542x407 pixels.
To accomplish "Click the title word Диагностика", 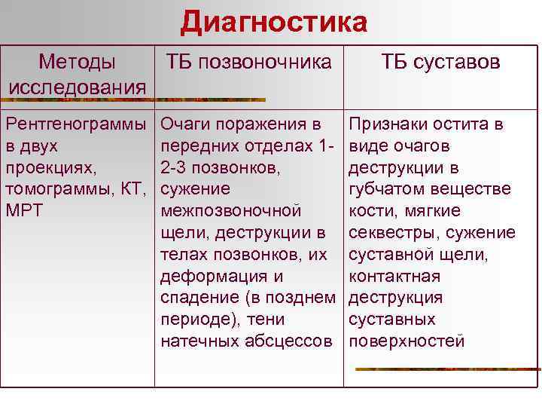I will coord(273,22).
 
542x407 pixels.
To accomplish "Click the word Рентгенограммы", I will coord(76,124).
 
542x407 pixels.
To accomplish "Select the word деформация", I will coord(213,276).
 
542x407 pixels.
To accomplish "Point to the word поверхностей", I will coord(406,341).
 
